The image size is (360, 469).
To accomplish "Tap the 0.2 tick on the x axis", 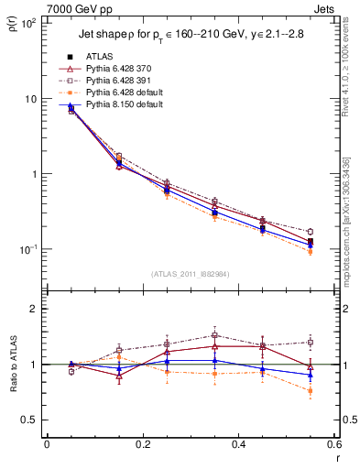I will (143, 445).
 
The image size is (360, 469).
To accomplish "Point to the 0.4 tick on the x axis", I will (238, 445).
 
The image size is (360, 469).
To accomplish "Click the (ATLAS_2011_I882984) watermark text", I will (191, 274).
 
